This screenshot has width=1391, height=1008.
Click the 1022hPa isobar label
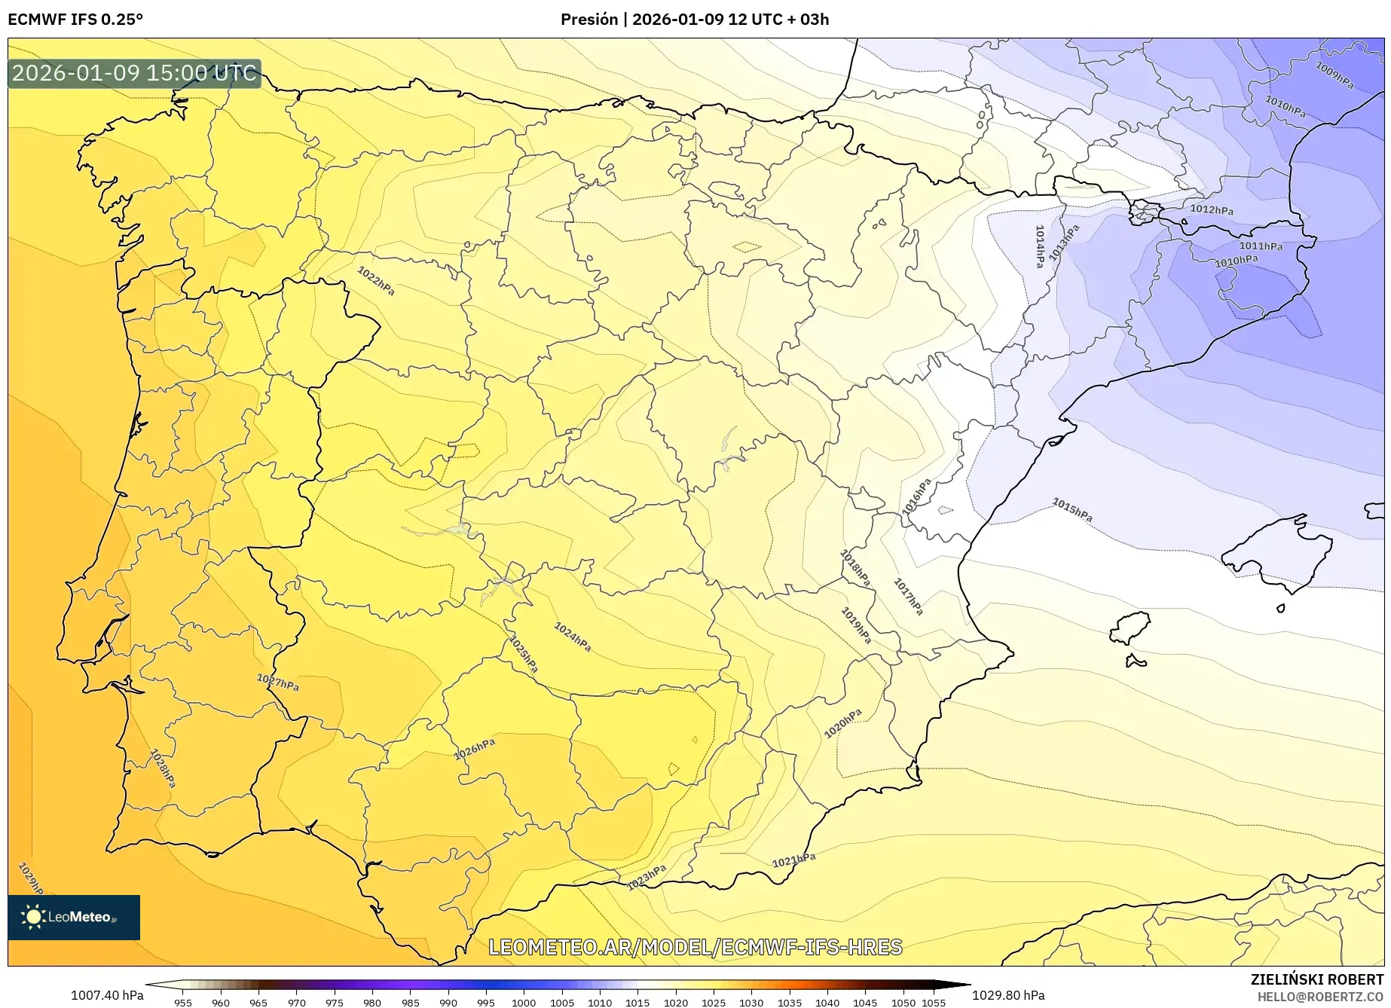[x=375, y=281]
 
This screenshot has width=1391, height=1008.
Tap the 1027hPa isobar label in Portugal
[x=277, y=683]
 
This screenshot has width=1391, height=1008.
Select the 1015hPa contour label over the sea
[x=1072, y=510]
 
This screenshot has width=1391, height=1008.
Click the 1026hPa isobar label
[x=475, y=750]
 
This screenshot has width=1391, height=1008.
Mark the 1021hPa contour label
[x=793, y=860]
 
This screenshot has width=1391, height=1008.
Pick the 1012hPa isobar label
[x=1211, y=209]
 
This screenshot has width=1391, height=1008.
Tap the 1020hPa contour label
[x=842, y=723]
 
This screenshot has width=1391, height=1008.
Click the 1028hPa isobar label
[x=163, y=768]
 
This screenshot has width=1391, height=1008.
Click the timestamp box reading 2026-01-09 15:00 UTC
[x=134, y=73]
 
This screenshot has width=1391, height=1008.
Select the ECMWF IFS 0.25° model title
[x=75, y=20]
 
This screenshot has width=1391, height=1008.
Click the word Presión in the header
[x=588, y=20]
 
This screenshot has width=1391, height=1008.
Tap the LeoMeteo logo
[x=74, y=917]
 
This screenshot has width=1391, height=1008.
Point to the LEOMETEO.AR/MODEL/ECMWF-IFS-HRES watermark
[x=695, y=947]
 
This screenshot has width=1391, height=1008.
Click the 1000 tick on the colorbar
[x=524, y=1002]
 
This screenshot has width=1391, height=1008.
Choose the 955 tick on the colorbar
[x=182, y=1002]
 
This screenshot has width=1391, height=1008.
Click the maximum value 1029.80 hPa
[x=1008, y=995]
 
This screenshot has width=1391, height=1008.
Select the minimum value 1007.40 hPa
[x=107, y=995]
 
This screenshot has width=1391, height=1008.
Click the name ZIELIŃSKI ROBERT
[x=1317, y=979]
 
